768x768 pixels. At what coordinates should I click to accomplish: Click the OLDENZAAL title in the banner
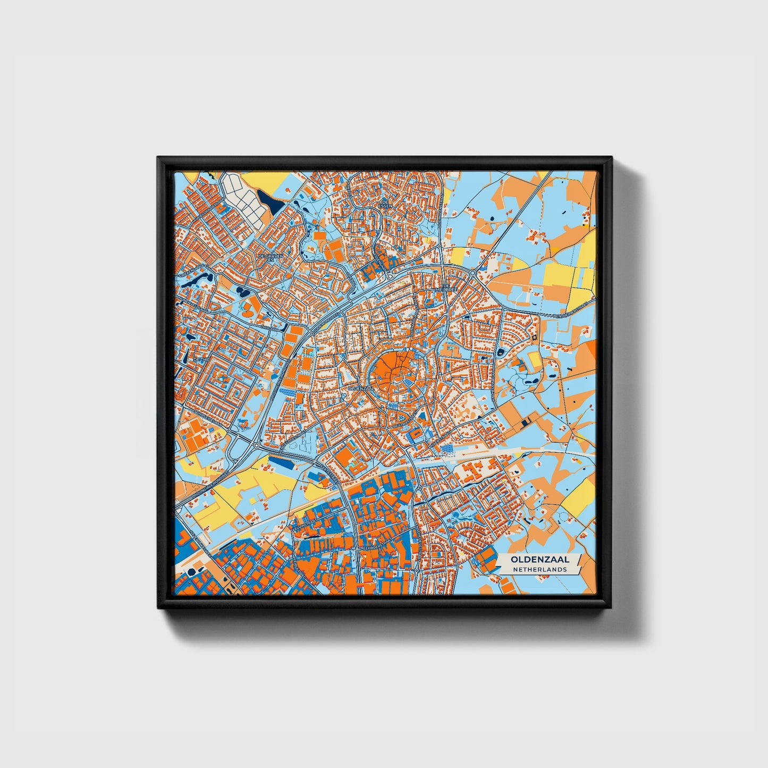[x=539, y=560]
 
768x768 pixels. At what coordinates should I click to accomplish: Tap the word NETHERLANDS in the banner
[x=539, y=569]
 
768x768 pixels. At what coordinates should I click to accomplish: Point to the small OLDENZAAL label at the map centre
[x=360, y=389]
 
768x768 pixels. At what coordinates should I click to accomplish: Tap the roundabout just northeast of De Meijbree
[x=472, y=274]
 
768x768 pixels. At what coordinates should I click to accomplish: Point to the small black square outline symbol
[x=534, y=337]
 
